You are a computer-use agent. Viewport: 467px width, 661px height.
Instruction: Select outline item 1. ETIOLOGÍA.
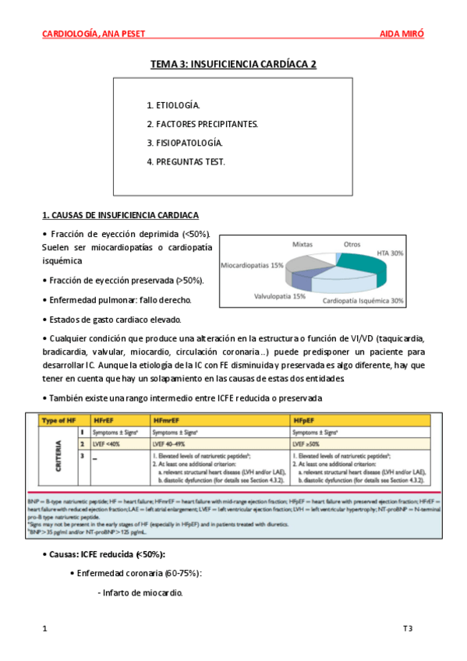click(x=172, y=105)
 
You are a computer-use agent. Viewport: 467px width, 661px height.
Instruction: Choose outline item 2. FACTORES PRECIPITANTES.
click(x=202, y=124)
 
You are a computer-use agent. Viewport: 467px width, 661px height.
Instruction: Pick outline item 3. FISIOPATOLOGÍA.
click(x=184, y=143)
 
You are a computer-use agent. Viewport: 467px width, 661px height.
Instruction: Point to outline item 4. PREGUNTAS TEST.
click(x=186, y=161)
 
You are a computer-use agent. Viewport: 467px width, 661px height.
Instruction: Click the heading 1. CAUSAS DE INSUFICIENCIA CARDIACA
click(x=119, y=214)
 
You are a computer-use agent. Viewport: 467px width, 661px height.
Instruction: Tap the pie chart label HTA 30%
click(x=391, y=253)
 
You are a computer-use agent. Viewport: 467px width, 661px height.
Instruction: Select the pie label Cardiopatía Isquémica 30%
click(x=363, y=300)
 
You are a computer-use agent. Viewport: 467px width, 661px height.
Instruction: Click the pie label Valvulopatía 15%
click(x=279, y=297)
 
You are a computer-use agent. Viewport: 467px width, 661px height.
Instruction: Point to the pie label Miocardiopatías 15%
click(x=252, y=265)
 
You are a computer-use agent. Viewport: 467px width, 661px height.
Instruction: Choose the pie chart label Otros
click(x=352, y=244)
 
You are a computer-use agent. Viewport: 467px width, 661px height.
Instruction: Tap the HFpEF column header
click(x=305, y=420)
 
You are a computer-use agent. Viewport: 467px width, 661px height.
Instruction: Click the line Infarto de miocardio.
click(x=140, y=593)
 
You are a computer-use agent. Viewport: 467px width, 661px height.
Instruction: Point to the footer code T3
click(x=407, y=628)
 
